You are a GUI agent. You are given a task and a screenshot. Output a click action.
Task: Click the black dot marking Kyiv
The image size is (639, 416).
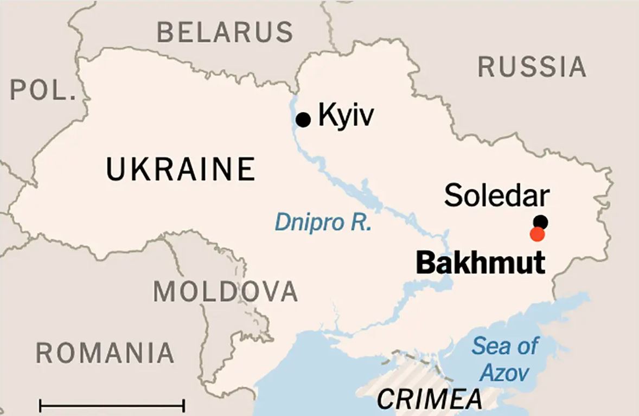pos(303,119)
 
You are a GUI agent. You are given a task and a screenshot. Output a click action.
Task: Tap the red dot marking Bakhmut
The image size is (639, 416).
pos(537,234)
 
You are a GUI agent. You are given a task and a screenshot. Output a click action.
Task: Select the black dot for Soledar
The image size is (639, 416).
pos(541,221)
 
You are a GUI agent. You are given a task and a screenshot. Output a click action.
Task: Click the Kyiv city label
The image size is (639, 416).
pos(346,115)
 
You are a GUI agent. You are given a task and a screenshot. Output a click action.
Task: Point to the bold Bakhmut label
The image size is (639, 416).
pos(480,264)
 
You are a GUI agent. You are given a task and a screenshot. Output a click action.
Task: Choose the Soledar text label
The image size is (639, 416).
pos(496,196)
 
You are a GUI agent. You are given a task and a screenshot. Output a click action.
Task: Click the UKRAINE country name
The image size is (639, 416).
pos(181,169)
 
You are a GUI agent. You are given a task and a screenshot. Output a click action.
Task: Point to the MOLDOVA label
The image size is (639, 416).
pos(225,292)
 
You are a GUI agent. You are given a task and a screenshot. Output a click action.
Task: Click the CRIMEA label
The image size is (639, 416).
pos(429,400)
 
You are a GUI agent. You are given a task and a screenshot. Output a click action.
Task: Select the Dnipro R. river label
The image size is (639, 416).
pos(323,222)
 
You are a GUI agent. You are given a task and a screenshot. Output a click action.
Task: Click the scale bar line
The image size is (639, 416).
pos(112,405)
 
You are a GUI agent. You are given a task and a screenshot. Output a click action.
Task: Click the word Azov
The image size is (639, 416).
pos(504,373)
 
